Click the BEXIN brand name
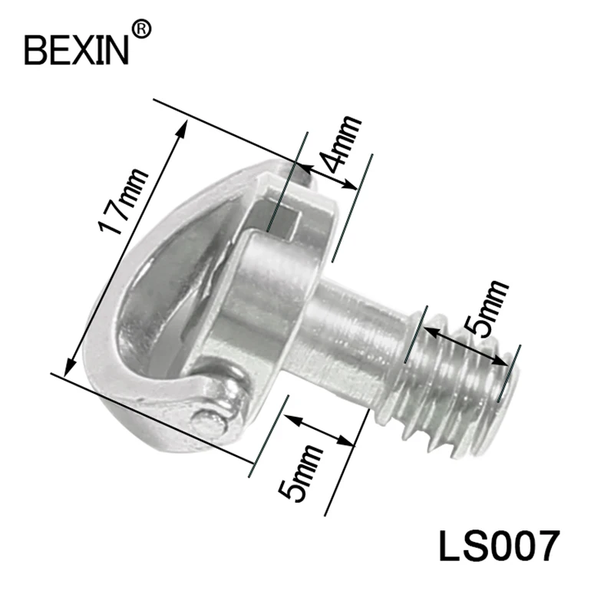[x=76, y=50]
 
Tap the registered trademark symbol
[x=141, y=30]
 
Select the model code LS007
[x=497, y=546]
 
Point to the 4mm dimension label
[x=339, y=144]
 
